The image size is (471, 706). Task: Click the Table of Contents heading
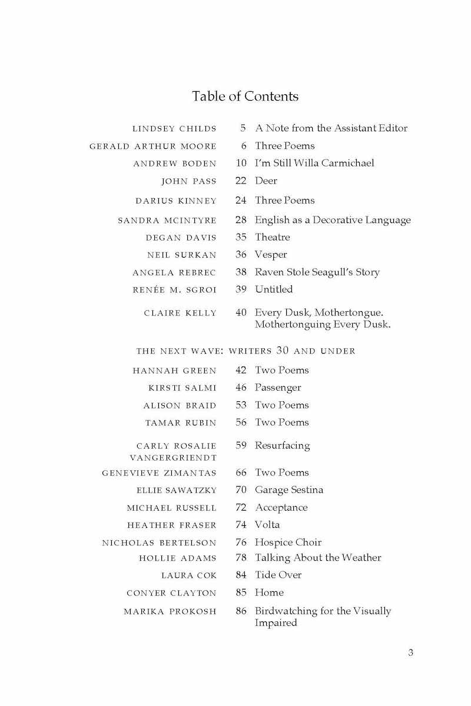click(x=245, y=96)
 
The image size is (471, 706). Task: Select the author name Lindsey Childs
click(x=174, y=128)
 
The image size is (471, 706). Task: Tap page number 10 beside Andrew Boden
click(x=240, y=163)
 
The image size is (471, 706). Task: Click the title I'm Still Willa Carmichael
click(x=314, y=163)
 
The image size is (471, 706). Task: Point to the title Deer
click(x=266, y=181)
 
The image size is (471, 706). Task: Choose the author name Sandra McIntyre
click(x=167, y=221)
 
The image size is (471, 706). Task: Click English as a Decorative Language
click(x=333, y=220)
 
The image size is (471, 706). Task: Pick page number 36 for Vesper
click(x=240, y=255)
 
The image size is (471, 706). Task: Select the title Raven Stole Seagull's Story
click(x=317, y=272)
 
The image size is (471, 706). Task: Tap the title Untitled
click(x=274, y=289)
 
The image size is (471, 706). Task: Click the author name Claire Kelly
click(x=180, y=313)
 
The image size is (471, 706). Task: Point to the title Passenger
click(x=278, y=388)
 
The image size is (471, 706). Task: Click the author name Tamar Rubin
click(x=181, y=422)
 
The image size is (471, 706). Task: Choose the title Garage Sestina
click(x=289, y=489)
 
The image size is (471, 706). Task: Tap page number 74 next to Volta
click(x=240, y=525)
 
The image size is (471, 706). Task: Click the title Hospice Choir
click(x=288, y=542)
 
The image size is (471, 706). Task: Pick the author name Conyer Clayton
click(x=171, y=593)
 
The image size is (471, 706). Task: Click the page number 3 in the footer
click(x=410, y=652)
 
